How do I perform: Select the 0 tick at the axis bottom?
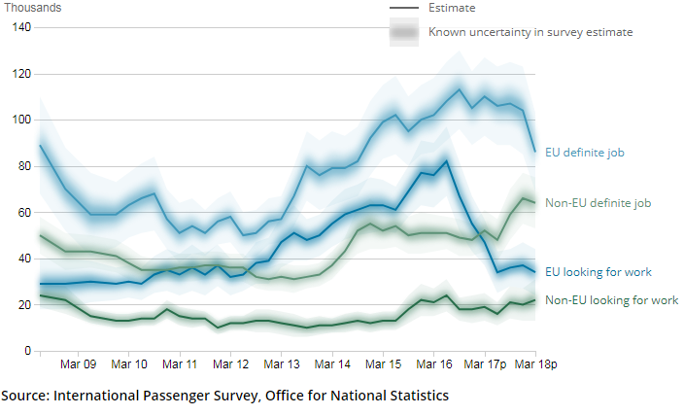(x=28, y=351)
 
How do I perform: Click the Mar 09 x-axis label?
(x=79, y=364)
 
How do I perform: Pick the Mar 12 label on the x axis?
(x=230, y=364)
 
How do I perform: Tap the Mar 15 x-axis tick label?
(x=382, y=364)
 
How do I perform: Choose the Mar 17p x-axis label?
(x=486, y=364)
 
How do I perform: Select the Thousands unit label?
(x=31, y=8)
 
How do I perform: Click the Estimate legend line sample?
(x=403, y=9)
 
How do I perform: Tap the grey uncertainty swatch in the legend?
(x=403, y=32)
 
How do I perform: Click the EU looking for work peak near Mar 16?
(x=446, y=161)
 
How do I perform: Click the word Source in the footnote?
(x=25, y=396)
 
